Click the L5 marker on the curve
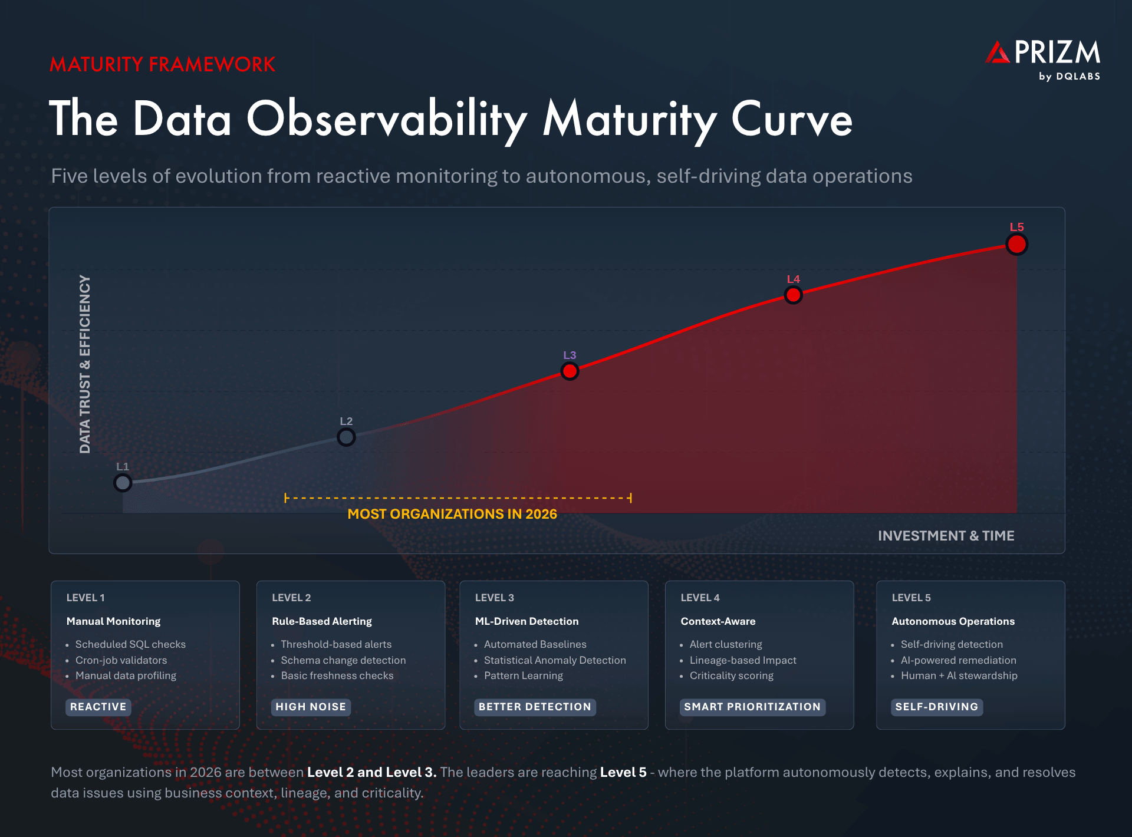click(x=1016, y=244)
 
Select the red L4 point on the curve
click(x=793, y=295)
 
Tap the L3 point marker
click(x=570, y=371)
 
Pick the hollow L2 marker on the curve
click(x=346, y=437)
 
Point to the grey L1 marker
click(x=123, y=483)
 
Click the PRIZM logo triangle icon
click(x=998, y=53)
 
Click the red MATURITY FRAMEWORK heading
click(x=162, y=64)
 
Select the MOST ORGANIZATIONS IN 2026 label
click(x=452, y=514)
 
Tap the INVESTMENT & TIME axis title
click(x=946, y=536)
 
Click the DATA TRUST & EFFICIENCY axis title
click(x=85, y=364)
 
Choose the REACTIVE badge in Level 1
click(x=98, y=707)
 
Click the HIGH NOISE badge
click(x=311, y=707)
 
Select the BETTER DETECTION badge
click(x=535, y=707)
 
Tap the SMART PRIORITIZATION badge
click(x=752, y=707)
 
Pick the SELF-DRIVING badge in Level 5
click(x=936, y=707)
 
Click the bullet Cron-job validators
click(x=121, y=660)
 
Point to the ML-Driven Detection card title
click(x=526, y=621)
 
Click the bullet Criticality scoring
click(x=731, y=675)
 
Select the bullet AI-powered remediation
click(x=958, y=660)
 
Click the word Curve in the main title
click(x=792, y=120)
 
